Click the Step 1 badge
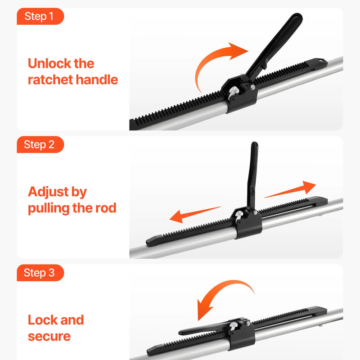click(40, 16)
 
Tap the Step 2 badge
click(40, 144)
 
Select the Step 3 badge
click(40, 273)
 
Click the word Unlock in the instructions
click(48, 63)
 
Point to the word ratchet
click(50, 80)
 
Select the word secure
click(49, 336)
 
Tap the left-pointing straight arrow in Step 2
click(195, 215)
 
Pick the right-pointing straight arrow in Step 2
click(290, 189)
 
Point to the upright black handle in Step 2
click(252, 175)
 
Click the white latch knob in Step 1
click(233, 92)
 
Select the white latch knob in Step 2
click(239, 216)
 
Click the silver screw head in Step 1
click(252, 87)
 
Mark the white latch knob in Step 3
click(233, 325)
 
